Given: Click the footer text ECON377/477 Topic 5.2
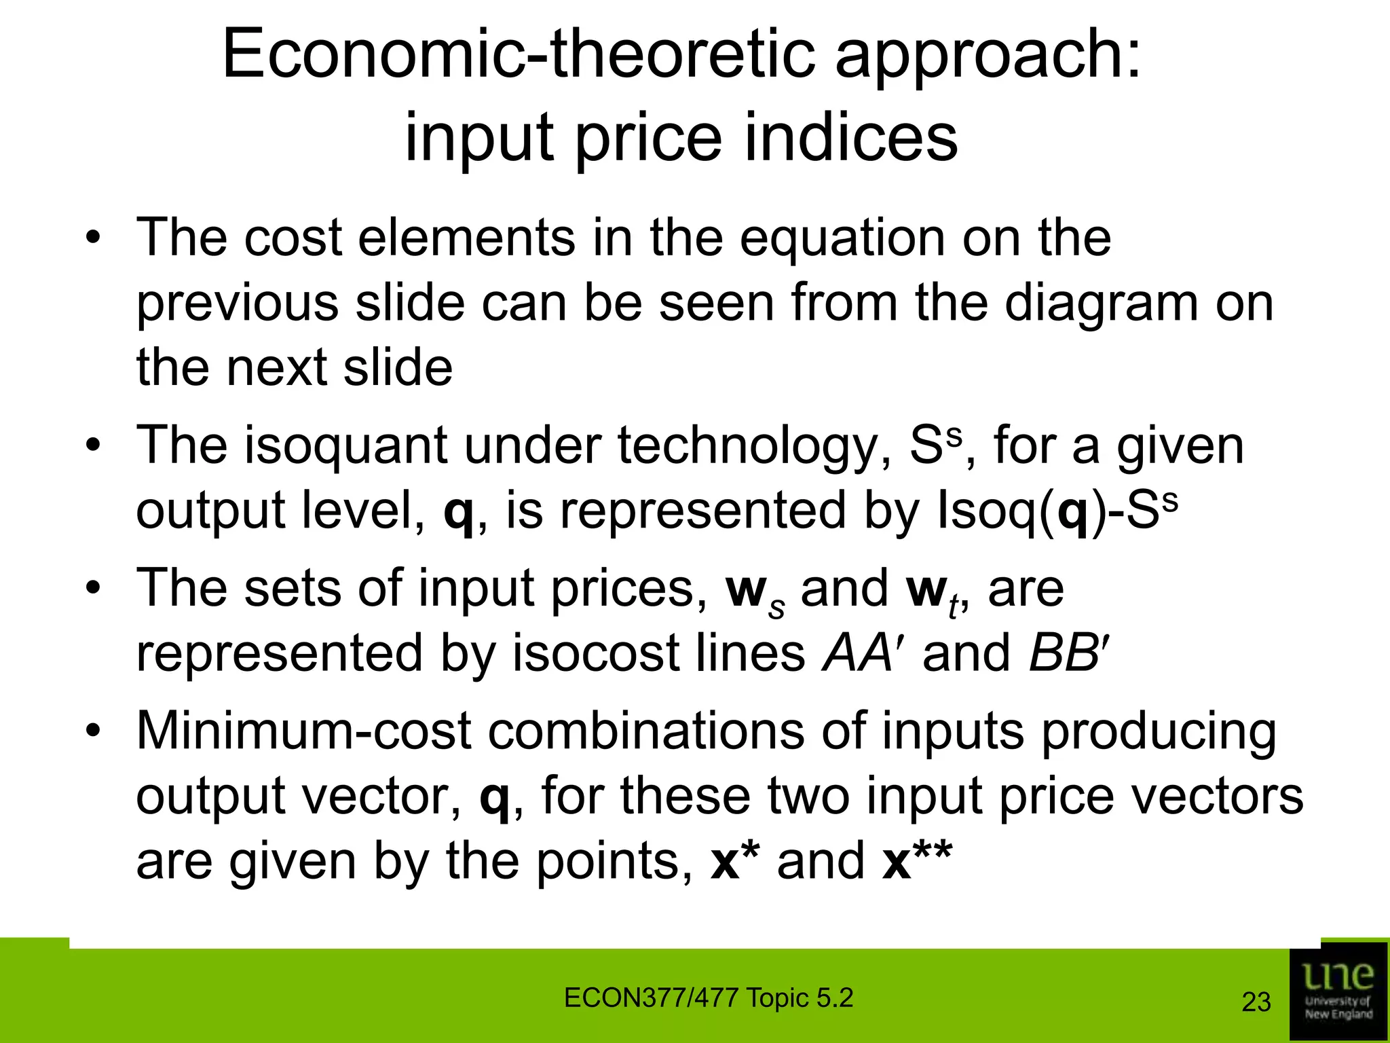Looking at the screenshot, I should (708, 998).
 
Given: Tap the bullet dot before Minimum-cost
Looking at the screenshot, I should (93, 732).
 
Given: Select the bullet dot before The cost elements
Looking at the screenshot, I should (93, 239).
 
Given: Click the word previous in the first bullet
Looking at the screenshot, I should (238, 304).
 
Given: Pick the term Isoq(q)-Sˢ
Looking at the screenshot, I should (1055, 511).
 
